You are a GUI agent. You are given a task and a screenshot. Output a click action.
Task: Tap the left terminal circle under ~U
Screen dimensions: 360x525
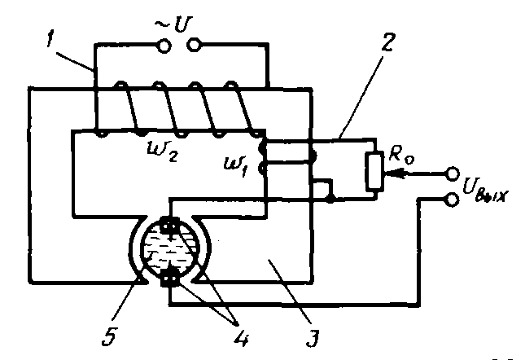tap(164, 47)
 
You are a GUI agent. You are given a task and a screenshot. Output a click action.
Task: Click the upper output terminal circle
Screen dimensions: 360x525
tap(452, 173)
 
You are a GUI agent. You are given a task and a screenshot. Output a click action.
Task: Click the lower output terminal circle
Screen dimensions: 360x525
tap(452, 198)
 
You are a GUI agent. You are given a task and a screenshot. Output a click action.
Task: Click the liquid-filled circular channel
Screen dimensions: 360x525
tap(170, 252)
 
